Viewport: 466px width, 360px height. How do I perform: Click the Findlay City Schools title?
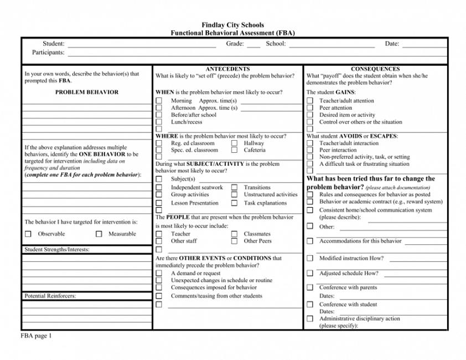click(x=232, y=25)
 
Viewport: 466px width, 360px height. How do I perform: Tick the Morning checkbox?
click(x=159, y=101)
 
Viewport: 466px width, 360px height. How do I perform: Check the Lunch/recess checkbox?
click(x=159, y=122)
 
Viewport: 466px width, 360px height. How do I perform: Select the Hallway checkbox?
click(x=235, y=143)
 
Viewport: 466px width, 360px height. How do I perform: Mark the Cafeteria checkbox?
click(x=235, y=150)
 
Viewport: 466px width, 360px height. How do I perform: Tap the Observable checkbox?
click(x=28, y=234)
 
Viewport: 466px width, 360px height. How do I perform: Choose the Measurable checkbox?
click(x=99, y=234)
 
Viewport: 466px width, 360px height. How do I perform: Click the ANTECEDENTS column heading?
click(x=227, y=69)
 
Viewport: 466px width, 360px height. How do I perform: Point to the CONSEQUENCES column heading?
click(x=375, y=69)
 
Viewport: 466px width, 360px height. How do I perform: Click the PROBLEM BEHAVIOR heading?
click(x=87, y=92)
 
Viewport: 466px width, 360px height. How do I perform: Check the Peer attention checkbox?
click(x=310, y=108)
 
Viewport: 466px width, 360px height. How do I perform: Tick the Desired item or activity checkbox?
click(x=310, y=115)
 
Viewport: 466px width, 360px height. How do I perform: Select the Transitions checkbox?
click(x=235, y=188)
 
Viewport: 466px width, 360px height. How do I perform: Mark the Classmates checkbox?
click(x=235, y=234)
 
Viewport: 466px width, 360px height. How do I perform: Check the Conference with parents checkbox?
click(x=310, y=288)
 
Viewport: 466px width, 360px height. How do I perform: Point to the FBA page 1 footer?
click(x=36, y=336)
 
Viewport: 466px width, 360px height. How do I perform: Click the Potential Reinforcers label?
click(x=50, y=296)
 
